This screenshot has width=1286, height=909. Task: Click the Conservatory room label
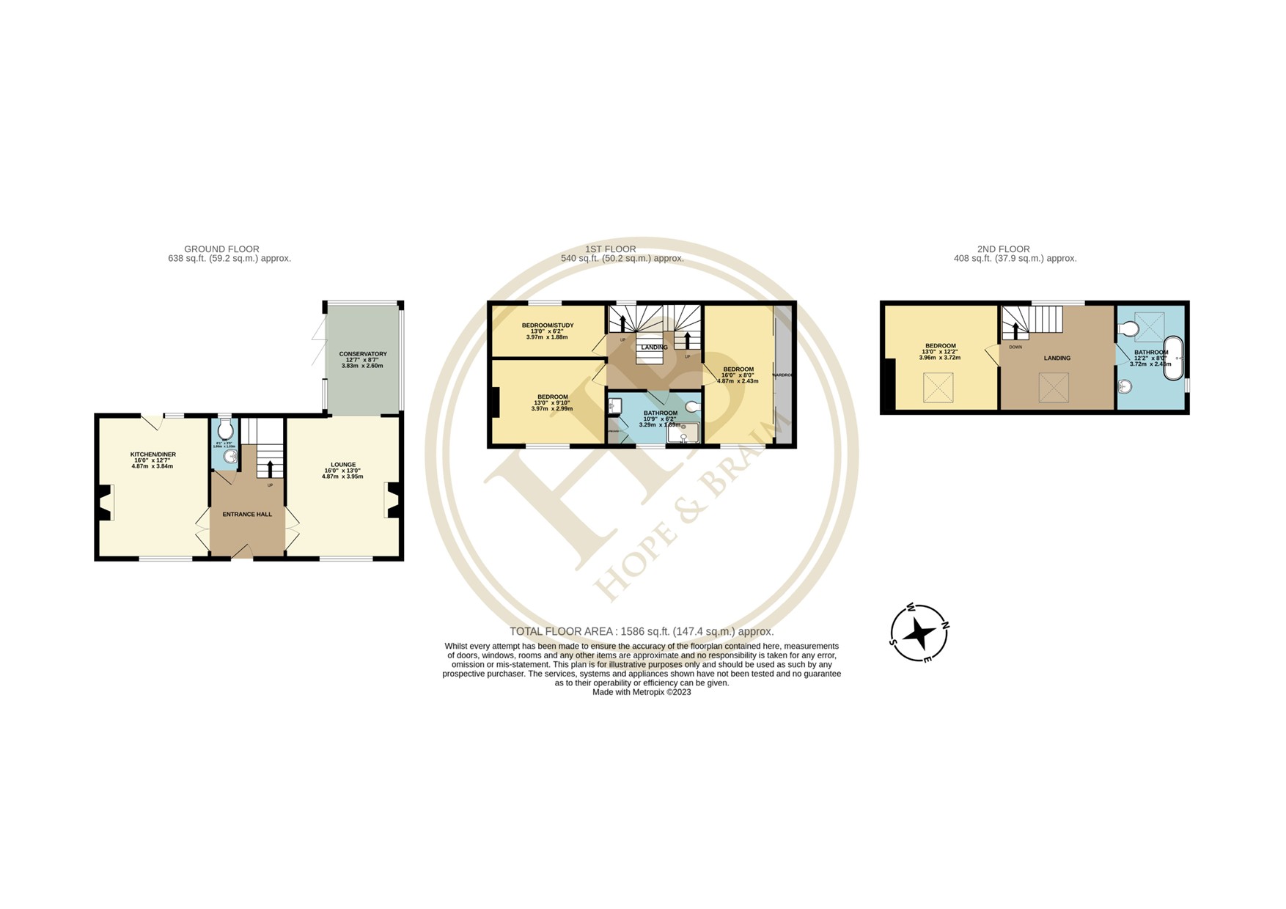click(x=362, y=354)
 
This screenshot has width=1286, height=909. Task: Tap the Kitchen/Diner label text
click(x=153, y=454)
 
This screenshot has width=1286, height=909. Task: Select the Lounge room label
click(x=343, y=465)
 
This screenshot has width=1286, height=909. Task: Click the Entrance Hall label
click(x=247, y=515)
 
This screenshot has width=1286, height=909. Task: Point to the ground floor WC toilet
click(x=225, y=430)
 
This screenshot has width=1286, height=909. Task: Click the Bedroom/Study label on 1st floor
click(x=547, y=325)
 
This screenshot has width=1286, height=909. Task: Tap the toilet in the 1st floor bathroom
click(x=691, y=406)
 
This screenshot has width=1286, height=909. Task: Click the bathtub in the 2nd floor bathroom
click(x=1173, y=358)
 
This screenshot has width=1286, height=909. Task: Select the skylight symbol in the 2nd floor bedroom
click(x=938, y=388)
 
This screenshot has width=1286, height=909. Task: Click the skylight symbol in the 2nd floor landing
click(x=1054, y=387)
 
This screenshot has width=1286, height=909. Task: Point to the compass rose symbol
click(x=919, y=633)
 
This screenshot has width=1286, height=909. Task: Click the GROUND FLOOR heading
click(x=221, y=249)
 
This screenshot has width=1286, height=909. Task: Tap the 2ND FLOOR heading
click(x=1003, y=249)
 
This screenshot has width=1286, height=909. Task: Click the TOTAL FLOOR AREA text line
click(x=642, y=631)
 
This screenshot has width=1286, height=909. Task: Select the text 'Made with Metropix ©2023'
click(x=642, y=692)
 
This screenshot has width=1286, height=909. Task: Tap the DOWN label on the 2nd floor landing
click(x=1015, y=347)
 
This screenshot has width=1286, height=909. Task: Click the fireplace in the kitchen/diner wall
click(x=104, y=503)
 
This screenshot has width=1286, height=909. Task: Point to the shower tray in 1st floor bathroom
click(x=683, y=433)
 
